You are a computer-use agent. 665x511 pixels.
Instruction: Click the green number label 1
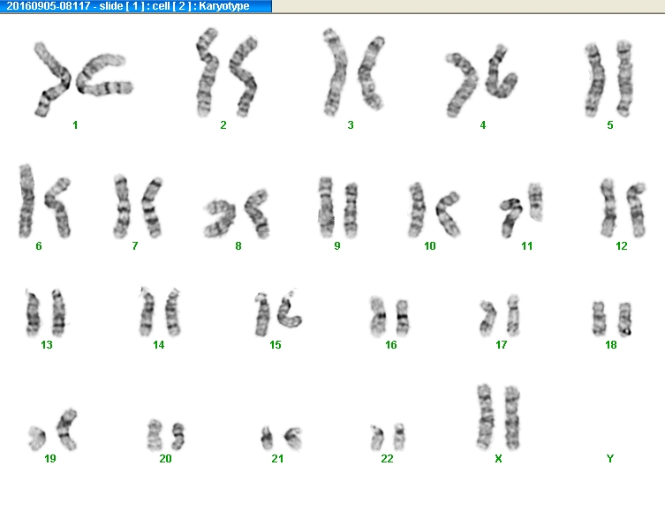(x=75, y=125)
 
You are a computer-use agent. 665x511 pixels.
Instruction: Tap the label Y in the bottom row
(x=610, y=458)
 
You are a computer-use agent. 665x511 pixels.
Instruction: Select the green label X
(x=498, y=458)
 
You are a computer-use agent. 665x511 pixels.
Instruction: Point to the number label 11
(x=526, y=246)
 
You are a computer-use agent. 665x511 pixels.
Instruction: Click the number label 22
(x=387, y=458)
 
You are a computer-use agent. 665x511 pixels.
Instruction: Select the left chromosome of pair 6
(x=26, y=201)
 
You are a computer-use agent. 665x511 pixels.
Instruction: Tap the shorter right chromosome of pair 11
(x=535, y=201)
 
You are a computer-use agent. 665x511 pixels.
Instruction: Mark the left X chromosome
(x=485, y=417)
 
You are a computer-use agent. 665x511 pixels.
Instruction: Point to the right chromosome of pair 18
(x=624, y=319)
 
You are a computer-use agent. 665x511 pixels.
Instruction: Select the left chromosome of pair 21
(x=267, y=438)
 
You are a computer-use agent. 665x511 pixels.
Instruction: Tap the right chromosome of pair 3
(x=371, y=73)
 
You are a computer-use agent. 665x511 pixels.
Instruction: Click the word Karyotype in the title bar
(x=224, y=6)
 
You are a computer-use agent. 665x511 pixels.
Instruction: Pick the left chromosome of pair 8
(x=220, y=218)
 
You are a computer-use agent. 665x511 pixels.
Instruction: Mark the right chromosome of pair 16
(x=402, y=318)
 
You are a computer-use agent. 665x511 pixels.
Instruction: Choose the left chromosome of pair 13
(x=33, y=313)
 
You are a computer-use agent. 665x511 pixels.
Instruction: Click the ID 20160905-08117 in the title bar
(x=49, y=6)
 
